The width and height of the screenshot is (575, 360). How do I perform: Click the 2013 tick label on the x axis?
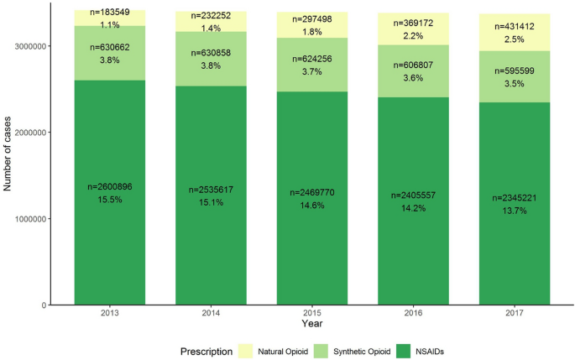pos(110,313)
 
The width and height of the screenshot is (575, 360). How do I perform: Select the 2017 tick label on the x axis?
pos(515,313)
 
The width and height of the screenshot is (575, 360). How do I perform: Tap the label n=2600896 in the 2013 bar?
pos(110,186)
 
